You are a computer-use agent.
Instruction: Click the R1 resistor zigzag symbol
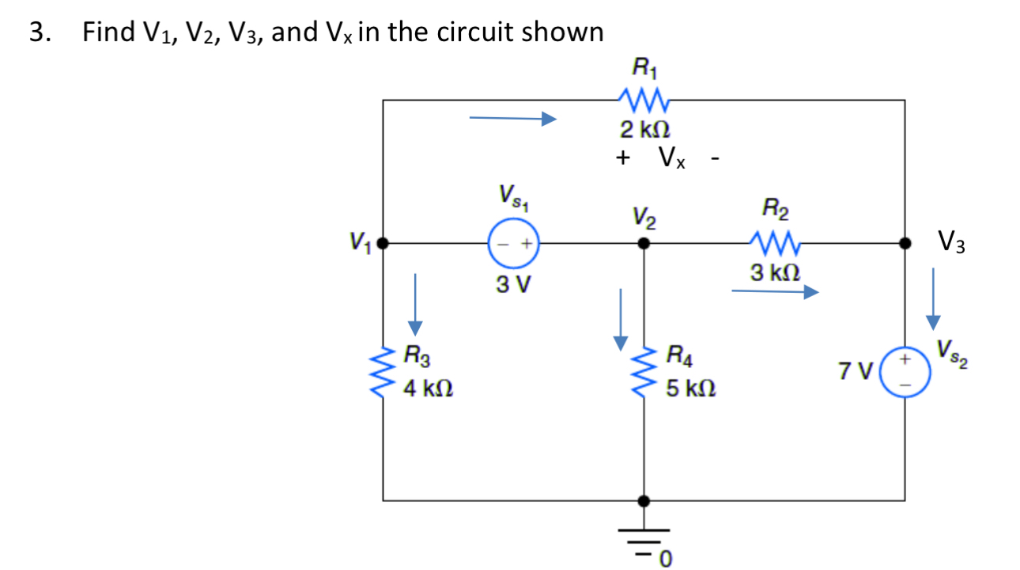click(644, 101)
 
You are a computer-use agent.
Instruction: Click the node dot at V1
click(383, 244)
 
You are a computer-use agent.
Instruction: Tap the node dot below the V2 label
click(644, 244)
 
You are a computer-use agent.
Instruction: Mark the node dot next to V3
click(905, 244)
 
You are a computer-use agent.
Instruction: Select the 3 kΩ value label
click(774, 273)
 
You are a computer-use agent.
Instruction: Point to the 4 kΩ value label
click(428, 389)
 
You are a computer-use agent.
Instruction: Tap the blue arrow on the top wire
click(513, 119)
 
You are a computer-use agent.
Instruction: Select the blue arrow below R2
click(774, 293)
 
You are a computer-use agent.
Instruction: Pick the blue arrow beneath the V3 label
click(933, 297)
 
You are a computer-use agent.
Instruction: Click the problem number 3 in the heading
click(36, 32)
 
